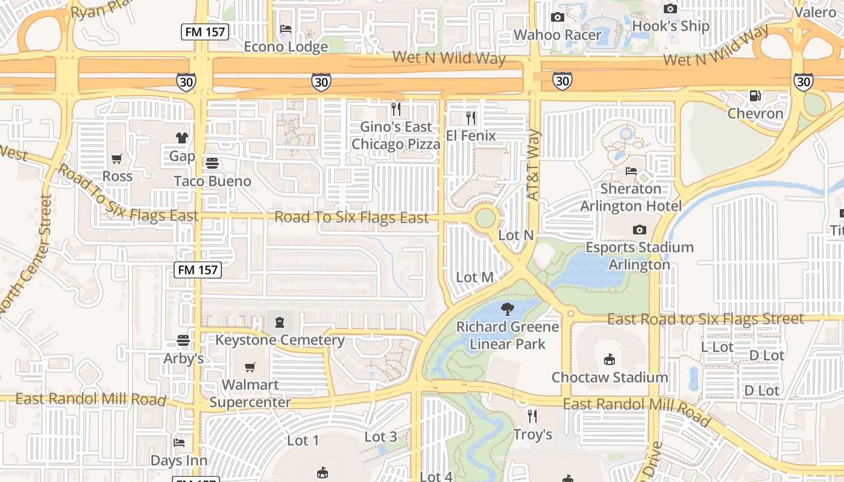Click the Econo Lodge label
(x=286, y=46)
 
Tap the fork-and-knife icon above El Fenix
(x=471, y=117)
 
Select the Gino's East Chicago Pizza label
(x=396, y=136)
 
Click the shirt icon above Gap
(x=182, y=138)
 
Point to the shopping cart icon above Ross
(x=117, y=158)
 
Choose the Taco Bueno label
(x=212, y=181)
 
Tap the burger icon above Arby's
(x=183, y=340)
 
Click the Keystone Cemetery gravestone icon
(x=280, y=322)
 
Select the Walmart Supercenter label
(x=250, y=393)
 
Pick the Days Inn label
(x=178, y=460)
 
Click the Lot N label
(x=515, y=235)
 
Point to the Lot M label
(x=475, y=277)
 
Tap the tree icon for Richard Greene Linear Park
(x=508, y=309)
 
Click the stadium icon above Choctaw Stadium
(x=609, y=360)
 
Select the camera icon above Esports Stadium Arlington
(x=639, y=230)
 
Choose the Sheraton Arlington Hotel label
(x=631, y=197)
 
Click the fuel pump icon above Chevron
(x=755, y=95)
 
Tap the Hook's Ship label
(x=670, y=26)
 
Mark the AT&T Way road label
(x=534, y=165)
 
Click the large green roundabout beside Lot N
(x=485, y=218)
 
